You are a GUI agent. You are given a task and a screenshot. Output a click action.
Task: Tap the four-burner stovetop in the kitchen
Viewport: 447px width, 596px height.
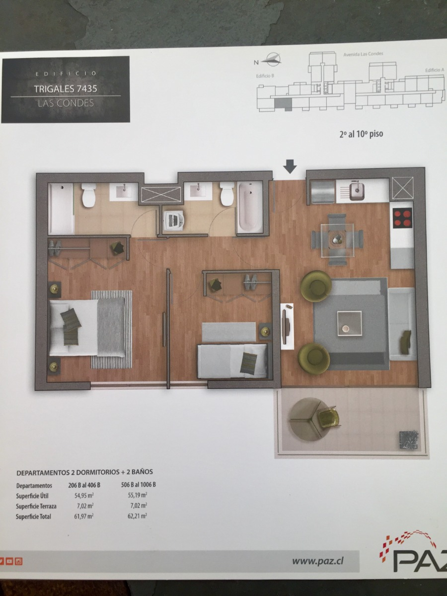[x=403, y=217]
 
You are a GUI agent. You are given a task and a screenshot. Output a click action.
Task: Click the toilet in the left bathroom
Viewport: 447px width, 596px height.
[x=89, y=195]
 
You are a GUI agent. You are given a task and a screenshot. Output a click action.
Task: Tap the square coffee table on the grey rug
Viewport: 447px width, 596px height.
[x=349, y=323]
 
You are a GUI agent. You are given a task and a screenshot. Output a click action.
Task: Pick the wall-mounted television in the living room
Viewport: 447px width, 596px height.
[x=285, y=327]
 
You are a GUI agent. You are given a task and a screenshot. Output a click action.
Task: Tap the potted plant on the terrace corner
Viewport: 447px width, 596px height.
[x=408, y=439]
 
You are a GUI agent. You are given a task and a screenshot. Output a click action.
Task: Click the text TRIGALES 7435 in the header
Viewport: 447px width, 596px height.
[x=65, y=89]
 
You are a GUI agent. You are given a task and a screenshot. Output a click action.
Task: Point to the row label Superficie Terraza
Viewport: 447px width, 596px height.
[x=36, y=506]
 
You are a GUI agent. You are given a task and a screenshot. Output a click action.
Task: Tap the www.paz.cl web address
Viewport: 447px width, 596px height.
[x=318, y=561]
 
